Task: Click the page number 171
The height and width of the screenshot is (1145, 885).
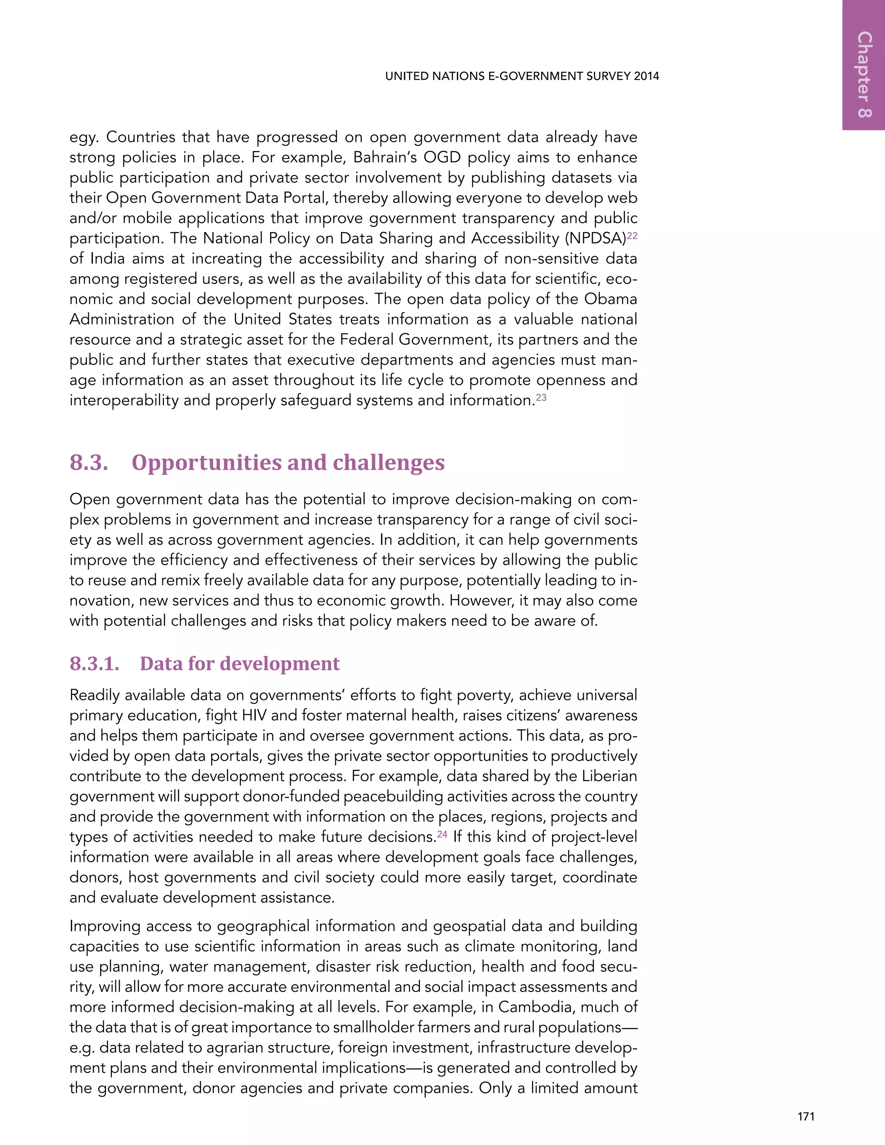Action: tap(805, 1116)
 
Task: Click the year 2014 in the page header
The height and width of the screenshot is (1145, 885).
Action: tap(646, 76)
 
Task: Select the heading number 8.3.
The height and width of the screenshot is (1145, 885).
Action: tap(89, 462)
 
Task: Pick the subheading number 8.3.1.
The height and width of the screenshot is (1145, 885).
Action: tap(94, 664)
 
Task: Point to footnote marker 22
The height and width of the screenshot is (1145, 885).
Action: tap(632, 236)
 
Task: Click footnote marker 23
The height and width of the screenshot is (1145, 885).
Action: tap(541, 398)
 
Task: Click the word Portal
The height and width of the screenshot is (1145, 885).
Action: tap(304, 197)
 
